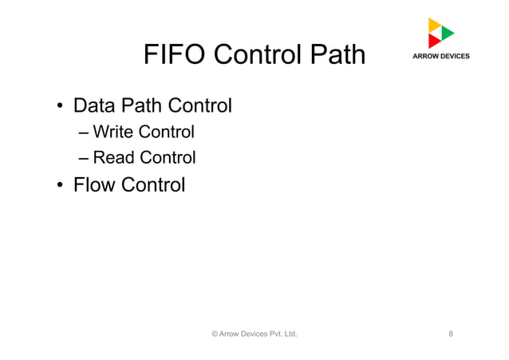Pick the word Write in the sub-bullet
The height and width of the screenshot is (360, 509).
pyautogui.click(x=113, y=131)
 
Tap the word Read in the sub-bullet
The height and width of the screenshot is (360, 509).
pyautogui.click(x=114, y=158)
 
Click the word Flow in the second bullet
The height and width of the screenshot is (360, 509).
pyautogui.click(x=93, y=185)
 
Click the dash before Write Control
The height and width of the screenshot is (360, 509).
pyautogui.click(x=84, y=132)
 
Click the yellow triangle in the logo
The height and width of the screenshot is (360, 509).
pyautogui.click(x=434, y=25)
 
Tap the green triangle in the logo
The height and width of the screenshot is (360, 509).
pyautogui.click(x=448, y=33)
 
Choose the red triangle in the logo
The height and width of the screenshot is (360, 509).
pyautogui.click(x=434, y=41)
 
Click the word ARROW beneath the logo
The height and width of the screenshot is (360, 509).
pyautogui.click(x=426, y=57)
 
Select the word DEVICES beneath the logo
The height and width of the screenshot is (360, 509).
pyautogui.click(x=456, y=57)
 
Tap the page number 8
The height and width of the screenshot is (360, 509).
pyautogui.click(x=452, y=334)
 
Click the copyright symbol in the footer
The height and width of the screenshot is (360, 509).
pyautogui.click(x=214, y=334)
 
